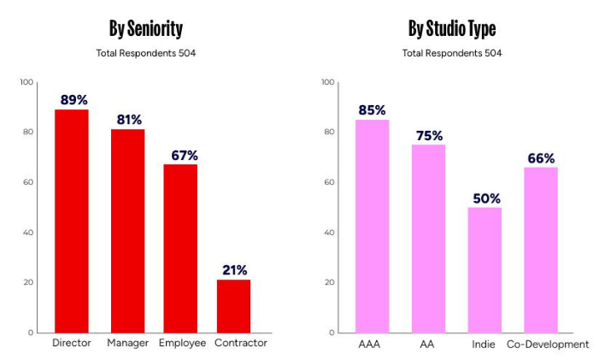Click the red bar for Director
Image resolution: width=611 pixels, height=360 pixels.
(x=72, y=221)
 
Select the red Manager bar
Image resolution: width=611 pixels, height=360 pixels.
(x=127, y=231)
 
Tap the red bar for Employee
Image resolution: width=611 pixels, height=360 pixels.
(x=180, y=248)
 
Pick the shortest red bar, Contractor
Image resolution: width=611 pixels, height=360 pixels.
(x=233, y=305)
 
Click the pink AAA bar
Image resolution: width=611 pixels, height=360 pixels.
(x=372, y=226)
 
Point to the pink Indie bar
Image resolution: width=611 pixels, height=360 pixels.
(x=485, y=269)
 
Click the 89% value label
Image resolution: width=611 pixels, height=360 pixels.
(x=74, y=100)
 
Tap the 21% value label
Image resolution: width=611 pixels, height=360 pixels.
(x=233, y=270)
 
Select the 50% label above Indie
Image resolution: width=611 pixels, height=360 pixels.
(x=485, y=198)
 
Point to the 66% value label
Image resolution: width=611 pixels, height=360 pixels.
(x=541, y=158)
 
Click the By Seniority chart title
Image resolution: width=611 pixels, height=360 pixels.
(x=146, y=28)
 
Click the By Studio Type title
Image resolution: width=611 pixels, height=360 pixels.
(x=452, y=28)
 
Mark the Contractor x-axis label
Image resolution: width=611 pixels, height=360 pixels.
(x=242, y=343)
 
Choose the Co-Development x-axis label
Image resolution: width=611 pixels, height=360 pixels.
(x=548, y=344)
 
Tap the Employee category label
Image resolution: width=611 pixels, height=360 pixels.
(x=182, y=343)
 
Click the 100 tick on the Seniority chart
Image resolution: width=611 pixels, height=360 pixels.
(x=26, y=82)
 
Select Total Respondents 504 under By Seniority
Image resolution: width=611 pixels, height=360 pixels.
(x=146, y=53)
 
